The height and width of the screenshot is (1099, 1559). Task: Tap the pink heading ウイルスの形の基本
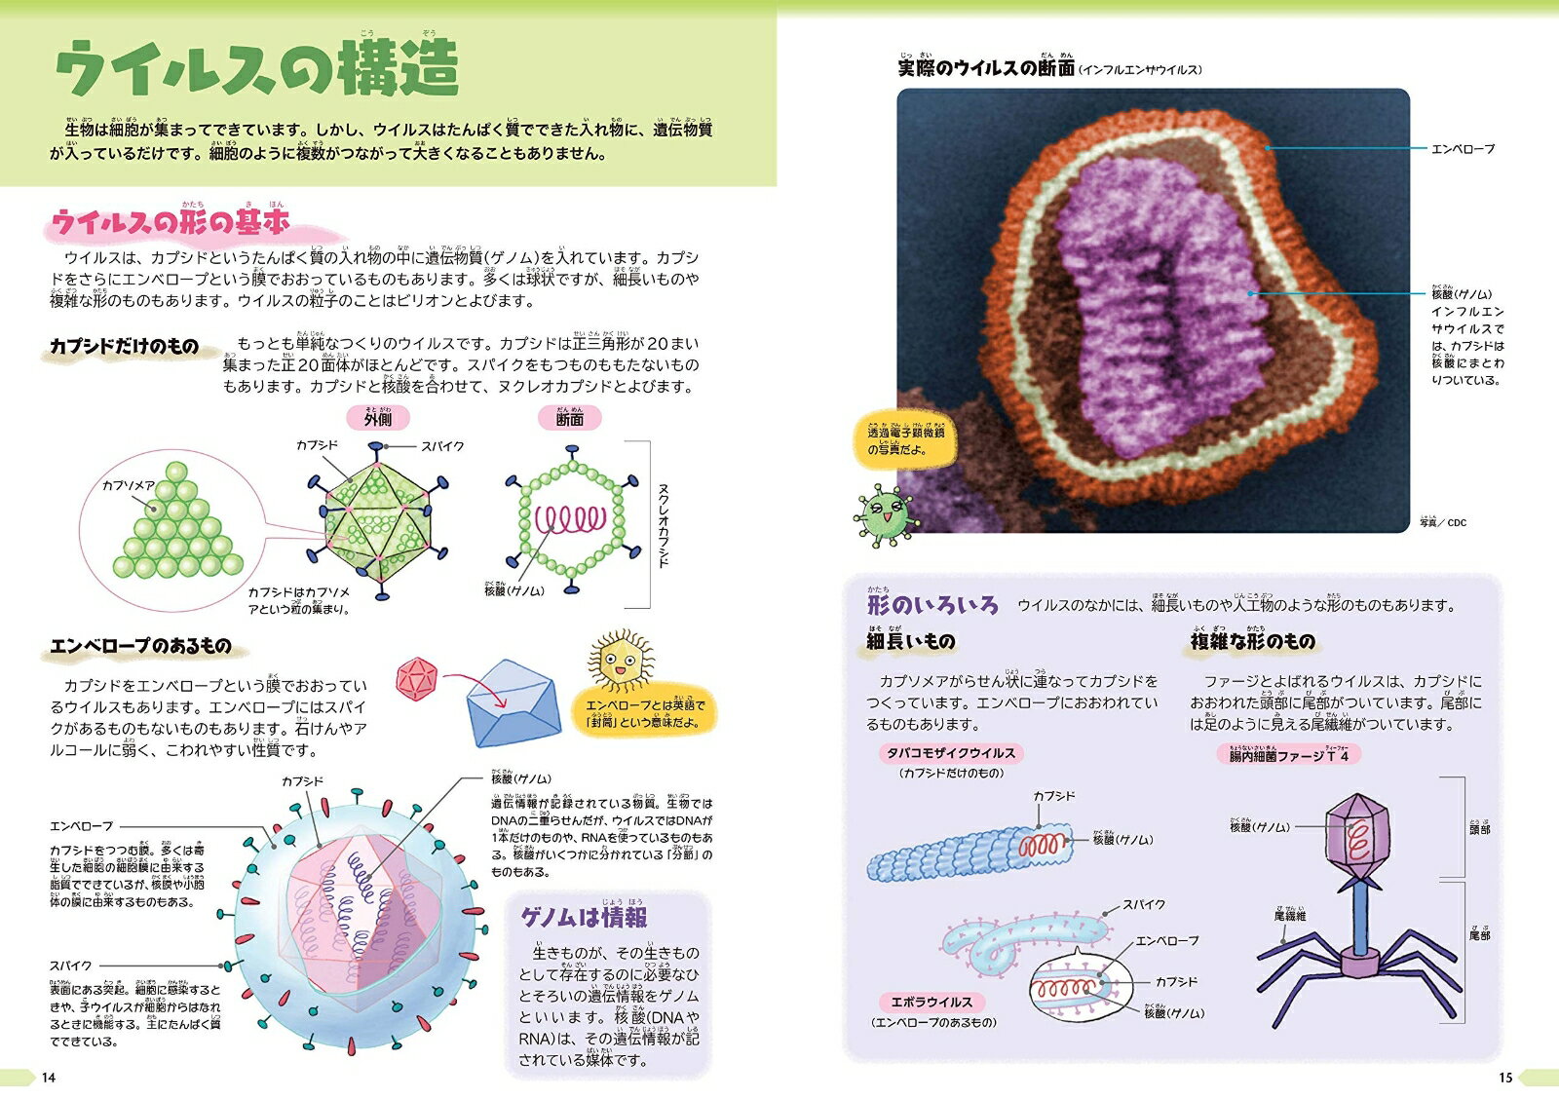[x=171, y=224]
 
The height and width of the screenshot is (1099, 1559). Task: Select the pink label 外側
[x=378, y=419]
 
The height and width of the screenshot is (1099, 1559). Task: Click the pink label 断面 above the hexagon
[x=570, y=419]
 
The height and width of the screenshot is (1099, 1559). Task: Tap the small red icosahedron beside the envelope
[x=419, y=679]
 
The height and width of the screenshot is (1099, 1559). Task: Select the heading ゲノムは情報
[x=584, y=918]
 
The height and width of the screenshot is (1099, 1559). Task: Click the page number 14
[x=49, y=1078]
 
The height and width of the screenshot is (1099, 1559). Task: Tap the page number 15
[x=1505, y=1078]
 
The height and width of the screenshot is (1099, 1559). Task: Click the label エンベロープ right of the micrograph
[x=1463, y=149]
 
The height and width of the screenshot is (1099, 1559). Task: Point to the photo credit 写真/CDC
[x=1443, y=523]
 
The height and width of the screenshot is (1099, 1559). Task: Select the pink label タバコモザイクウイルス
[x=950, y=753]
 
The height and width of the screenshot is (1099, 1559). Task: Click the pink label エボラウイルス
[x=932, y=1002]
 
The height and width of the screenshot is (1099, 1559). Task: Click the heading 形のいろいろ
[x=932, y=605]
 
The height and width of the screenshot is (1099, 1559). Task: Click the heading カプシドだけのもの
[x=125, y=347]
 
